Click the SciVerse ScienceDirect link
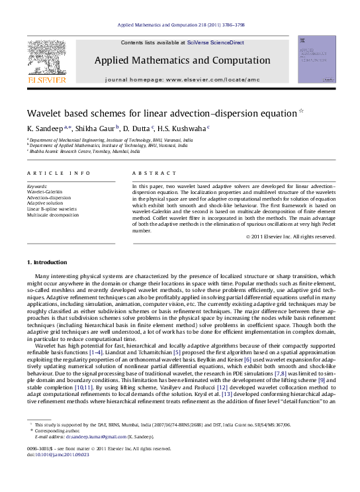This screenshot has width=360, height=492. (x=215, y=42)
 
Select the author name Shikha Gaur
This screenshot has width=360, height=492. (x=97, y=128)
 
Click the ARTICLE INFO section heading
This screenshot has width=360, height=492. (x=59, y=173)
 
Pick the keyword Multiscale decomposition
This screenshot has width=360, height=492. (x=53, y=215)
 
